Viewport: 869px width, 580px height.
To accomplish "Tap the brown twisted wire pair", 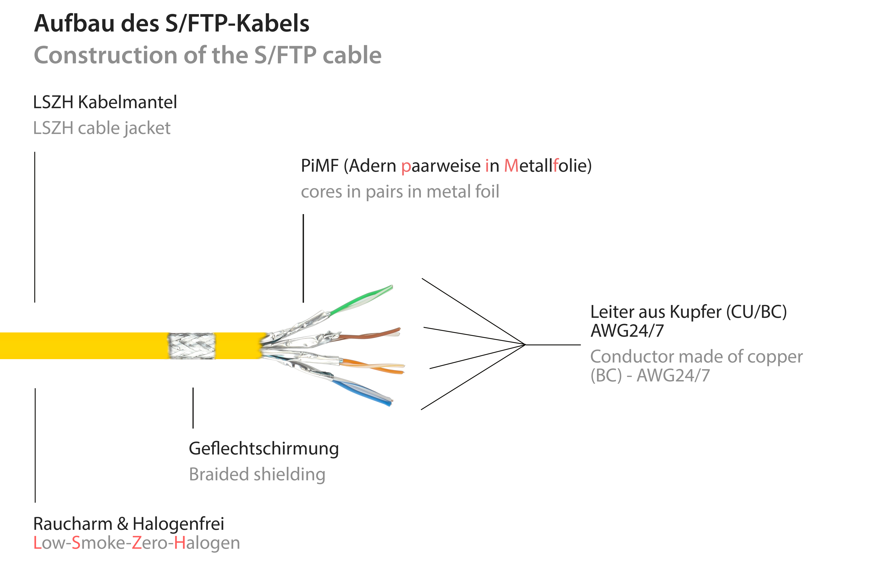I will (370, 335).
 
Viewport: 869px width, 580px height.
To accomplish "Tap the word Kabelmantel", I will (128, 102).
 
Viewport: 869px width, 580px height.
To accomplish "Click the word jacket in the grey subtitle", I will (147, 128).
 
